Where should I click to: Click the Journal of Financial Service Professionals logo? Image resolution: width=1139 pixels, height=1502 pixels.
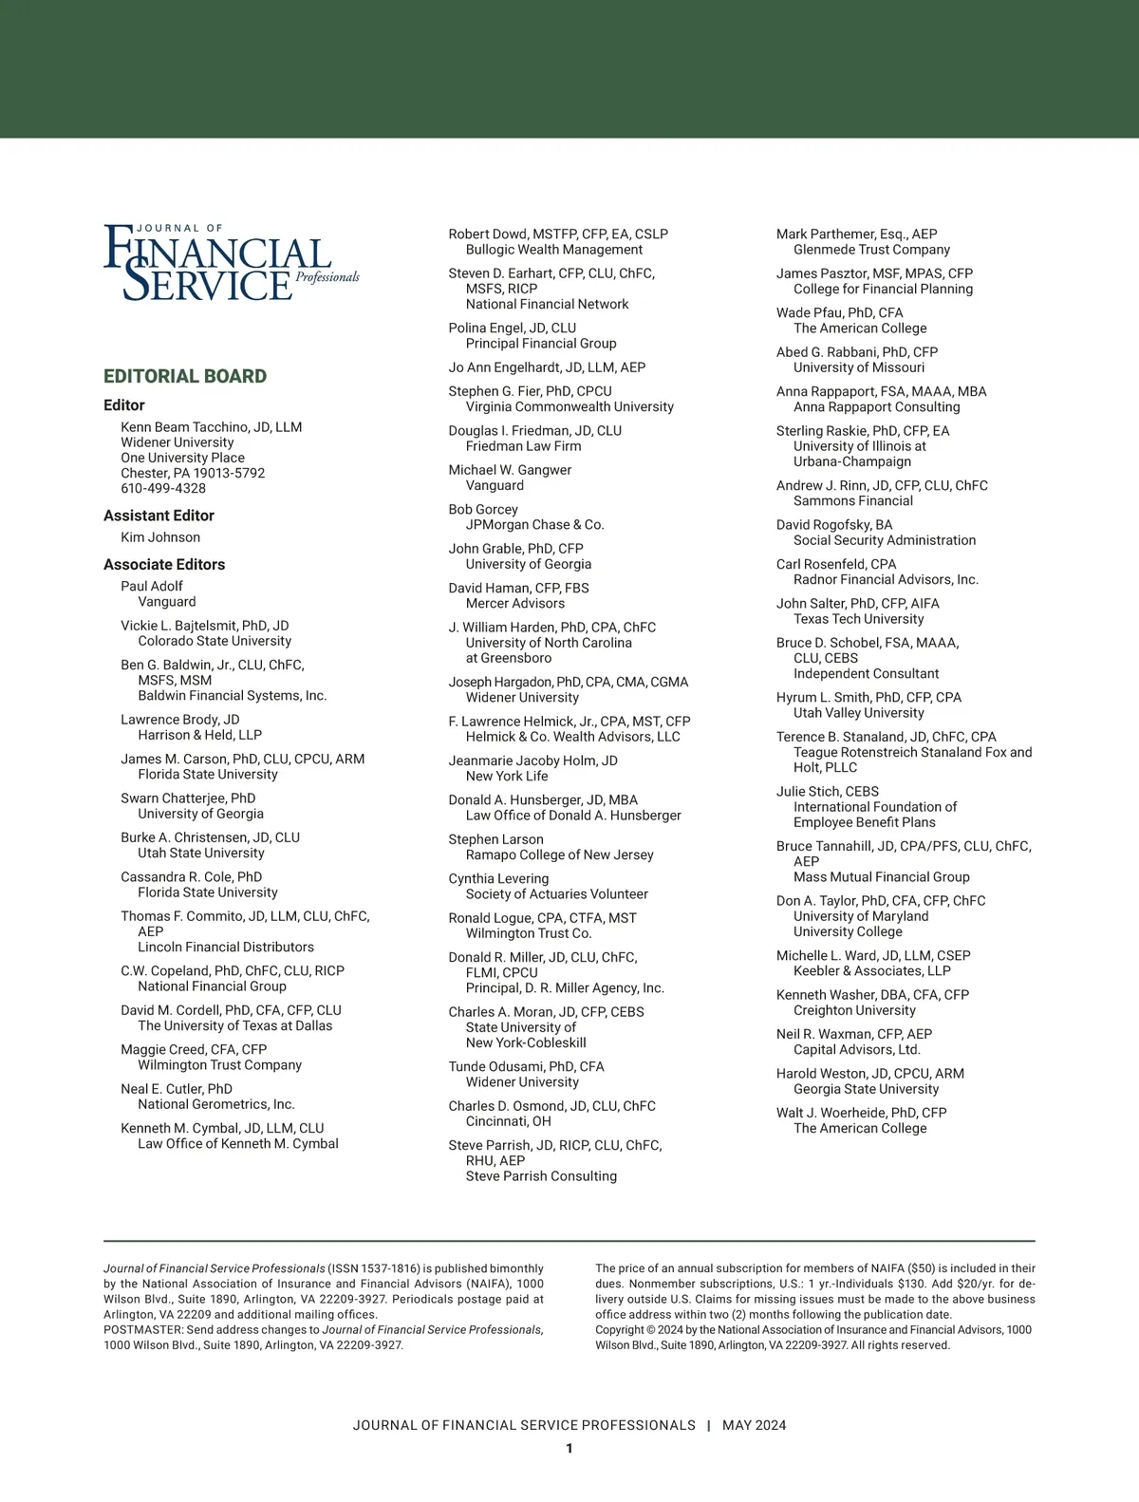click(231, 262)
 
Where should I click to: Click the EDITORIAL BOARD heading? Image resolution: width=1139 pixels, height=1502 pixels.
click(185, 376)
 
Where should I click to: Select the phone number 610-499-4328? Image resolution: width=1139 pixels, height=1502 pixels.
click(163, 488)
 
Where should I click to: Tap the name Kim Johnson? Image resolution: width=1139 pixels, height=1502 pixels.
click(160, 537)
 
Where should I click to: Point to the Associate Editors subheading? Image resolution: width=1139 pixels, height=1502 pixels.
click(164, 564)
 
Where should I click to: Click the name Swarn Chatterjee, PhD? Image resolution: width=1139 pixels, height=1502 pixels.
click(188, 798)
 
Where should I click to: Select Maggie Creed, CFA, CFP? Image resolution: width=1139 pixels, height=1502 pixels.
click(194, 1049)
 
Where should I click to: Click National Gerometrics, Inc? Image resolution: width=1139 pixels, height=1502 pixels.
click(216, 1104)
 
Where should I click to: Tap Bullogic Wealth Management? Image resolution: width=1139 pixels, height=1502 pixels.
click(554, 250)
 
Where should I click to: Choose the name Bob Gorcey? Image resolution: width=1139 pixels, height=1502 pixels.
click(483, 509)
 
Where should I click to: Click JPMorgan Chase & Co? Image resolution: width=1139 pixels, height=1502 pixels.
click(535, 524)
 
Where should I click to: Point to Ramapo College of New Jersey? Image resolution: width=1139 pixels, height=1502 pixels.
click(560, 854)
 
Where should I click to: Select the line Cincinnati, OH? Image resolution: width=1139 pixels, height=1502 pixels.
click(509, 1121)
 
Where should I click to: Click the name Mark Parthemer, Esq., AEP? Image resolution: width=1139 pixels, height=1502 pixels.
click(856, 234)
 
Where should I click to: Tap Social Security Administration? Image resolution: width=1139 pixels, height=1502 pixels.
click(885, 540)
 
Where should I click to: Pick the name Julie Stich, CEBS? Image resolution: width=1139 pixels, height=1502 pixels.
click(828, 791)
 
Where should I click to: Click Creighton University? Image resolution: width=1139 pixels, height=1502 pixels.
click(854, 1010)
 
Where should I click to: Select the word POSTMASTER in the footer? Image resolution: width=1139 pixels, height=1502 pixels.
click(142, 1329)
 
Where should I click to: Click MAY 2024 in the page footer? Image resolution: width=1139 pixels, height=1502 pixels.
click(754, 1425)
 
